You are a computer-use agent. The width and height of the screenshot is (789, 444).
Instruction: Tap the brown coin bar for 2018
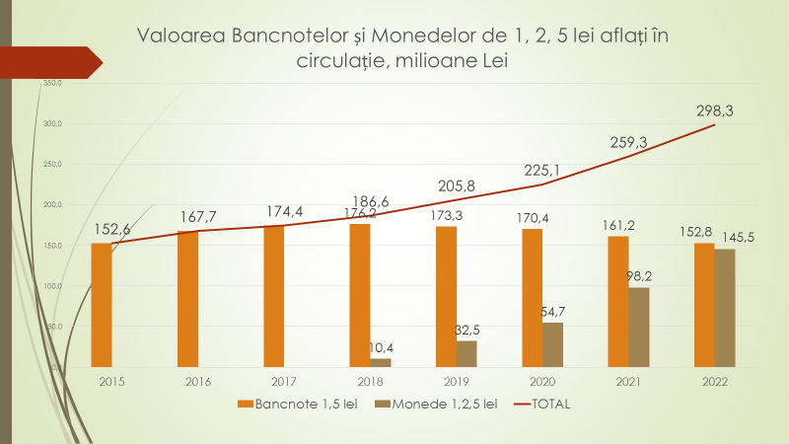(381, 362)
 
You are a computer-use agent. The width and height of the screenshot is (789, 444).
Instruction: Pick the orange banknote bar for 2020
(533, 297)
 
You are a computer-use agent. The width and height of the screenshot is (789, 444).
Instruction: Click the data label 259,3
(629, 143)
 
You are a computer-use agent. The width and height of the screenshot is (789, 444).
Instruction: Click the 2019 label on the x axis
(456, 380)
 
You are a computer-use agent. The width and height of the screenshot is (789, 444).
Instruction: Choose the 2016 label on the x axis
(198, 380)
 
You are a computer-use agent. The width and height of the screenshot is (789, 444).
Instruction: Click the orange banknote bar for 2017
(274, 296)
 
